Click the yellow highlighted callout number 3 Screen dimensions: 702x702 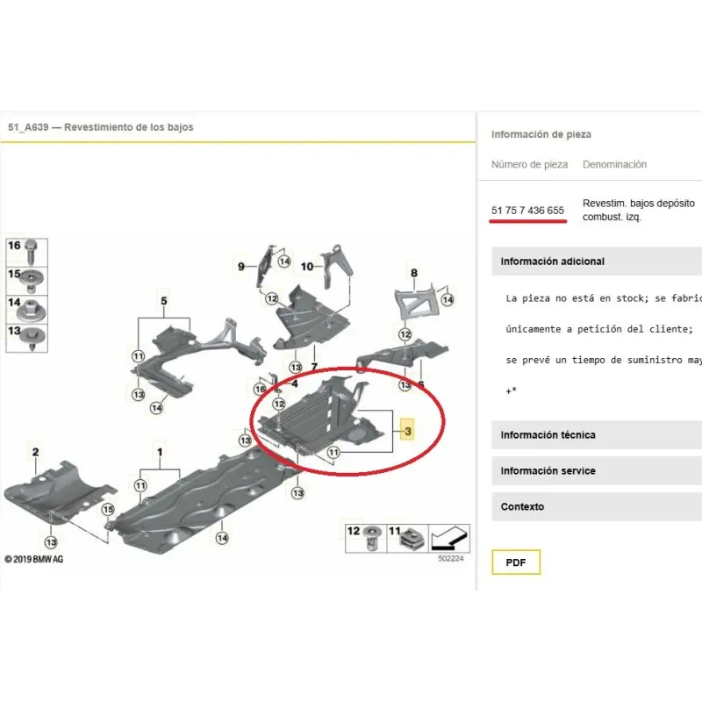click(407, 430)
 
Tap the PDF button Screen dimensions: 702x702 click(516, 562)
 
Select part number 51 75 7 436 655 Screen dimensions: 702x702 click(527, 211)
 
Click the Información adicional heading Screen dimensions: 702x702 click(553, 261)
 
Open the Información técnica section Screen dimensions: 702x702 click(548, 435)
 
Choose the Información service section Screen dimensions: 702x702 click(548, 471)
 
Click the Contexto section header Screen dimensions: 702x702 click(522, 507)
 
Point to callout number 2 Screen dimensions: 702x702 click(36, 452)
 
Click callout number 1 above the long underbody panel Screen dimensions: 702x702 click(160, 452)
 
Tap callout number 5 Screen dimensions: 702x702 click(164, 301)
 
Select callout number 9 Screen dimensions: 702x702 click(240, 267)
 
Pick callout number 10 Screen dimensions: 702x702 click(306, 267)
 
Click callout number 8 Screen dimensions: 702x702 click(414, 273)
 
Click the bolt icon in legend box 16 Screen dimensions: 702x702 click(31, 253)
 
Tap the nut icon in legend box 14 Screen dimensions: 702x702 click(32, 310)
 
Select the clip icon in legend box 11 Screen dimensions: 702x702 click(412, 540)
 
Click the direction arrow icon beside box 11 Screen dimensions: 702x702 click(449, 539)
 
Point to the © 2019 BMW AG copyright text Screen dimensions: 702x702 click(34, 559)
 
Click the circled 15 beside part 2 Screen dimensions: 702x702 click(108, 510)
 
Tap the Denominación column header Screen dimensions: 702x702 click(614, 165)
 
